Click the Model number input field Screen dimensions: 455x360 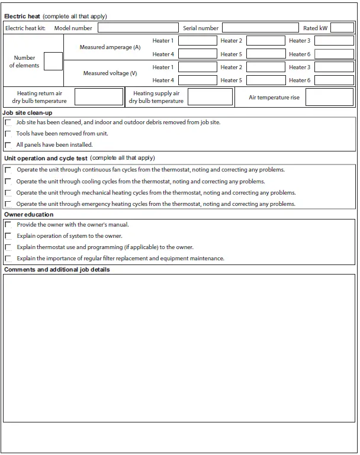[138, 28]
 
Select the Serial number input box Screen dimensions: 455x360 [260, 28]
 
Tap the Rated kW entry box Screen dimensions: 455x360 [342, 28]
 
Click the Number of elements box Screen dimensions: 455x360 [53, 62]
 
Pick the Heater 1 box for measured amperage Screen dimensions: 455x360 [198, 41]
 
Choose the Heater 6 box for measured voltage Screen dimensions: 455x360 [334, 80]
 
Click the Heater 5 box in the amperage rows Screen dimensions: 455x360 [265, 54]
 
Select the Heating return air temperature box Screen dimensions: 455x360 [98, 97]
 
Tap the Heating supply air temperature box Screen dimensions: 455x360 [210, 97]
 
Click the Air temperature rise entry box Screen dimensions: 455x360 [329, 97]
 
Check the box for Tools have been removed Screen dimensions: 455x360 [8, 134]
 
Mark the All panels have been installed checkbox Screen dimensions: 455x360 [8, 145]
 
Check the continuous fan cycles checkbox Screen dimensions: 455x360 [8, 170]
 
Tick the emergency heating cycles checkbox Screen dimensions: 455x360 [8, 204]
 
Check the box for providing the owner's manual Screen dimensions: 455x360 [8, 225]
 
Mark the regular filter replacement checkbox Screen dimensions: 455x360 [8, 259]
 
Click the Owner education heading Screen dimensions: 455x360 [28, 214]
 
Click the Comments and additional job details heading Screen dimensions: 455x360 [57, 270]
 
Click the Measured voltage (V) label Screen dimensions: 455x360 [110, 73]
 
